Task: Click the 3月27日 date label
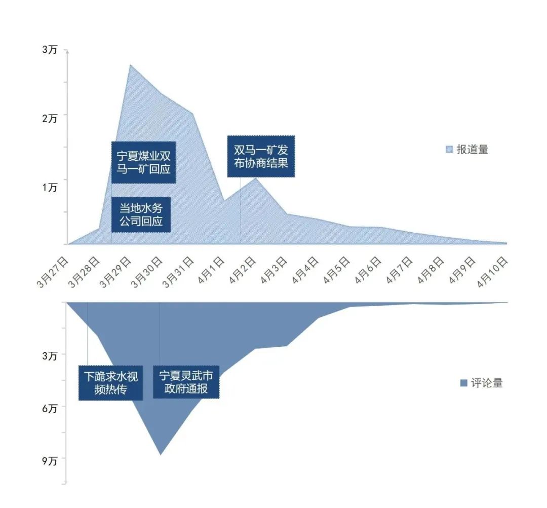pos(53,272)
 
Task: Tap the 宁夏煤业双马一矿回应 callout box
pos(143,162)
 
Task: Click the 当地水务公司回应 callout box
pos(141,214)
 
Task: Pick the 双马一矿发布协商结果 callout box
pos(261,156)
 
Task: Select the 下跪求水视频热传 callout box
pos(110,383)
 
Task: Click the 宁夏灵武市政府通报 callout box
pos(186,383)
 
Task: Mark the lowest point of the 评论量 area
pos(161,454)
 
